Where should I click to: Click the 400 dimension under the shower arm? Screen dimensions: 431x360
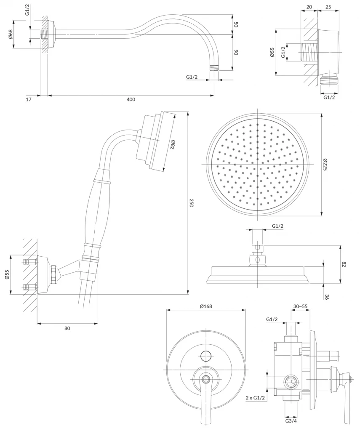click(131, 99)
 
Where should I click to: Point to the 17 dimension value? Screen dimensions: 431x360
click(28, 99)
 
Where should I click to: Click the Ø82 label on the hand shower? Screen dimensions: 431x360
click(173, 145)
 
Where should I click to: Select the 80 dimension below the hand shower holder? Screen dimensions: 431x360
click(67, 328)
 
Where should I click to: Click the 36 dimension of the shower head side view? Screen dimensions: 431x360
click(327, 296)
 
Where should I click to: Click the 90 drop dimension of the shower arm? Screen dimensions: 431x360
click(236, 53)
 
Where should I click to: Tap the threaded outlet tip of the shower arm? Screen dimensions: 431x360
click(215, 67)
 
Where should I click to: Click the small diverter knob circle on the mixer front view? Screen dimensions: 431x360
click(206, 356)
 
